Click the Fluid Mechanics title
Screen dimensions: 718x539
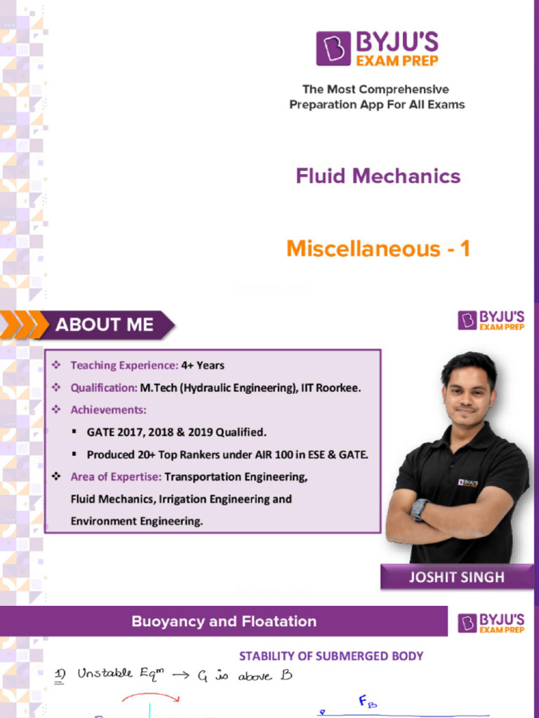(x=378, y=175)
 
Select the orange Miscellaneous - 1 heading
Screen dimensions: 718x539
(x=378, y=249)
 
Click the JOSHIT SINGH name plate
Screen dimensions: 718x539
(x=456, y=577)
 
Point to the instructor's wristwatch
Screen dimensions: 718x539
(x=420, y=509)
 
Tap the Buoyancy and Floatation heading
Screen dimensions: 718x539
(x=224, y=621)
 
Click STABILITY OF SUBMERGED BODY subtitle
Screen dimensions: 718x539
(x=331, y=656)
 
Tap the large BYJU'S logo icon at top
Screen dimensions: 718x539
(x=333, y=48)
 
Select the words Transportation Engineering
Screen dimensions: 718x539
(x=236, y=477)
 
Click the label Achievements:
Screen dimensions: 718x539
(x=108, y=409)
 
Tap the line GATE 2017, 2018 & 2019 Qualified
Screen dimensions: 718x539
(x=176, y=432)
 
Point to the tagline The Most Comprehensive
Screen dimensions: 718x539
(x=375, y=90)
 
